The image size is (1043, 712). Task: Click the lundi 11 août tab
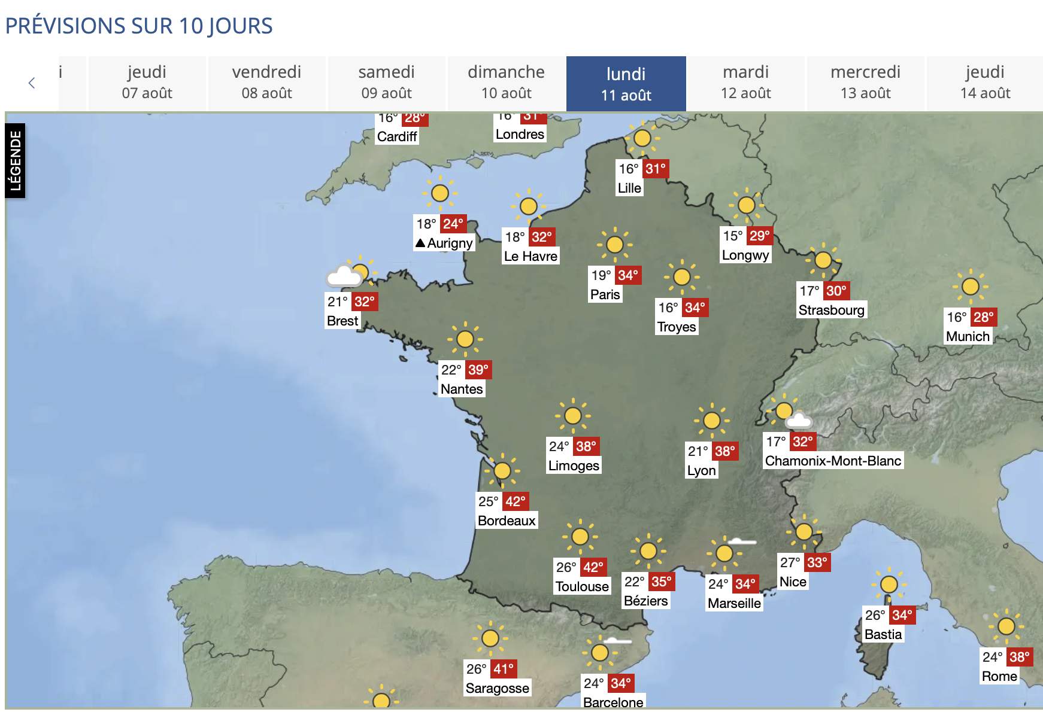point(626,84)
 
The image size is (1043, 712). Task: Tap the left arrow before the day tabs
point(32,83)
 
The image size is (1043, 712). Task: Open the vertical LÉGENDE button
point(16,160)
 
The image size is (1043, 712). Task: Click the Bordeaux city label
point(507,521)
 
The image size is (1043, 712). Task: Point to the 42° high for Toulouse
point(593,567)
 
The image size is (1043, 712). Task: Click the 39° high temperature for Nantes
point(478,370)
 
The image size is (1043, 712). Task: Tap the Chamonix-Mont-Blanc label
point(833,461)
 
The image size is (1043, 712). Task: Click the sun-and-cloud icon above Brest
point(351,273)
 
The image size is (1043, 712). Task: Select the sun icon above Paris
point(614,244)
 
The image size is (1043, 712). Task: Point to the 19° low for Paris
point(601,275)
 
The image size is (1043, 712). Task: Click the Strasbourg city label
point(831,310)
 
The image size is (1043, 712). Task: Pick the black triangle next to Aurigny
point(420,243)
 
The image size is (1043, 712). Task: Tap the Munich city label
point(968,336)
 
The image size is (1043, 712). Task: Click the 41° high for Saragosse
point(504,669)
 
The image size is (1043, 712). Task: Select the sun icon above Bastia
point(889,584)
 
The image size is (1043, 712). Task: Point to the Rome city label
point(999,676)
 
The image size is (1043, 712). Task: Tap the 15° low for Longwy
point(733,236)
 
